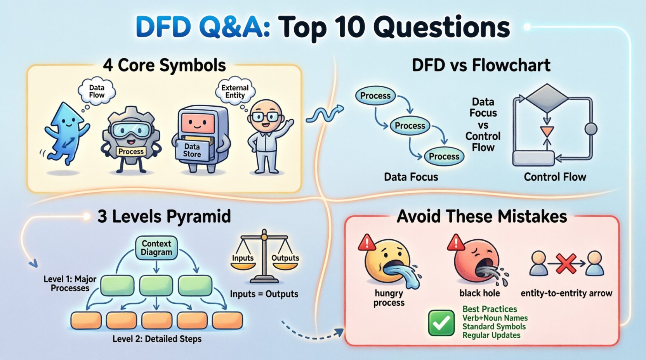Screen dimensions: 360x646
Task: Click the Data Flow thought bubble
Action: (x=97, y=91)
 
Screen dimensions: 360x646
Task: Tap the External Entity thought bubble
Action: (x=235, y=91)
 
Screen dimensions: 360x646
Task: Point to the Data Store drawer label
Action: (x=192, y=151)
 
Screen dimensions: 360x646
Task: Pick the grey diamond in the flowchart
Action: (x=547, y=98)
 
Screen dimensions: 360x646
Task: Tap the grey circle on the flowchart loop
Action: (x=590, y=129)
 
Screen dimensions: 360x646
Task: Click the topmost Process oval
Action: (x=375, y=96)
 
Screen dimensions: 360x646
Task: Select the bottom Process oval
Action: (x=444, y=156)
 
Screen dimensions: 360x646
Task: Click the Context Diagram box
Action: (x=156, y=248)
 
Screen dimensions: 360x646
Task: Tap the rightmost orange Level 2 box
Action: (x=227, y=321)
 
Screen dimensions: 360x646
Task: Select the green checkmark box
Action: (x=441, y=323)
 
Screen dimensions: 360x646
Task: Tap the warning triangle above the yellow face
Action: (x=366, y=243)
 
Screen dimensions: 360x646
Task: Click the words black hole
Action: (x=479, y=293)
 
